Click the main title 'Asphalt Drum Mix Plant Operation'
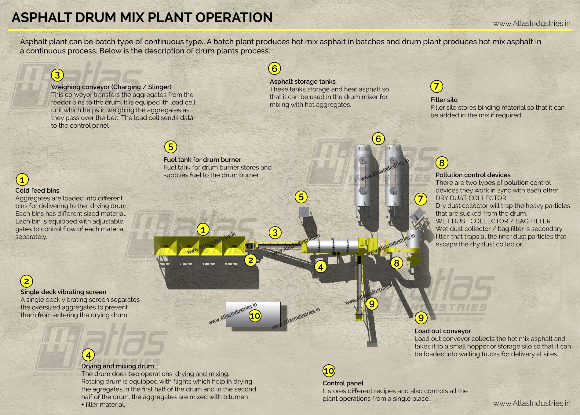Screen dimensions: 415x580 click(142, 17)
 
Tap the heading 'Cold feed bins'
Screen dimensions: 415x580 click(37, 190)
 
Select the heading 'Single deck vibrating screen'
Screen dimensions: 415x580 click(63, 292)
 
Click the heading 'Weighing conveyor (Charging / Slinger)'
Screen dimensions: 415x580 click(111, 87)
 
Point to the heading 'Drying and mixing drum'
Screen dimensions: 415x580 click(117, 366)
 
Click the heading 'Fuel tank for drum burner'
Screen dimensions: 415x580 click(202, 159)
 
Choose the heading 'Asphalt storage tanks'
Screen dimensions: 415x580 click(302, 81)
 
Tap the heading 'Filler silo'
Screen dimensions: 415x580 click(443, 100)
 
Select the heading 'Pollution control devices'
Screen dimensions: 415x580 click(473, 175)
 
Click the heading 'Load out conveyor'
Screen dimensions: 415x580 click(442, 331)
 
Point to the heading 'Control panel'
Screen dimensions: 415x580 click(343, 383)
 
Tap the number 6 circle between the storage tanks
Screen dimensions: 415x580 click(378, 139)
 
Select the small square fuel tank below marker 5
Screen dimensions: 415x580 click(303, 212)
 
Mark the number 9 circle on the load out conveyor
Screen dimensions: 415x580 click(372, 304)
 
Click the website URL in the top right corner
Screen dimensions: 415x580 click(531, 23)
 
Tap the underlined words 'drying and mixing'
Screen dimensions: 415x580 click(201, 374)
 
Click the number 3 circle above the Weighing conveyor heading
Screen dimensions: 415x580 click(57, 75)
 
